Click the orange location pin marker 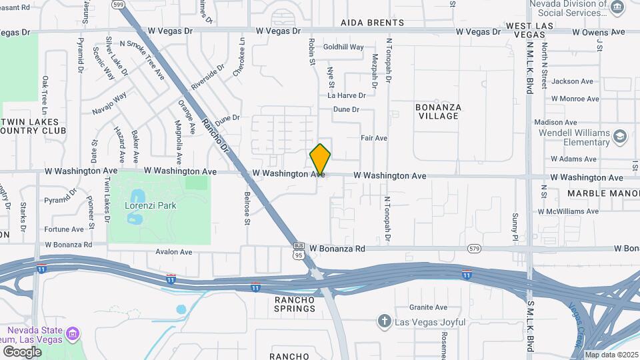[x=320, y=159]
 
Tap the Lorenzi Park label [x=151, y=205]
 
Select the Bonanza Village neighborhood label [x=437, y=111]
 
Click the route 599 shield [x=119, y=4]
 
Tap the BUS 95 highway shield [x=299, y=250]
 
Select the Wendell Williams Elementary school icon [x=621, y=137]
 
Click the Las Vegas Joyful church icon [x=384, y=322]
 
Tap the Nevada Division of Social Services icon [x=617, y=7]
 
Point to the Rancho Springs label [x=295, y=304]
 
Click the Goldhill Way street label [x=343, y=47]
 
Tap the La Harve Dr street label [x=347, y=96]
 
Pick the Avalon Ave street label [x=173, y=252]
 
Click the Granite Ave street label [x=428, y=307]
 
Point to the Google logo [x=22, y=351]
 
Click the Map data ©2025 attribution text [x=611, y=355]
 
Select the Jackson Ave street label [x=572, y=81]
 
